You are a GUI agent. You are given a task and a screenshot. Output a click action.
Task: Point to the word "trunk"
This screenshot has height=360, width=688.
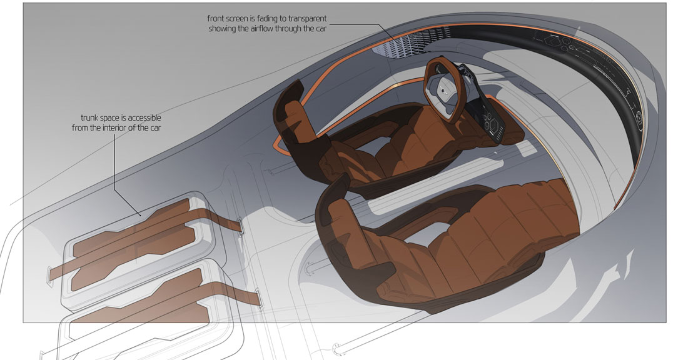89,118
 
